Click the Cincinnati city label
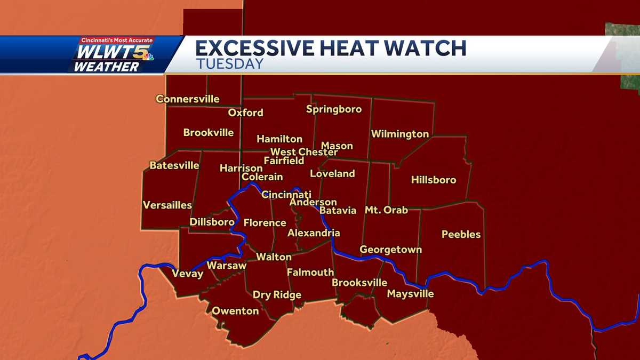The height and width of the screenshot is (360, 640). pos(286,195)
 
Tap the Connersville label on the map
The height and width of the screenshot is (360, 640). pos(187,99)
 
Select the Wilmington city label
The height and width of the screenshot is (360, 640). pos(400,134)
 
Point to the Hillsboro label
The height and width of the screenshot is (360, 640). pos(434,180)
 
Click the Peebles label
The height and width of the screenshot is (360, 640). pos(461,234)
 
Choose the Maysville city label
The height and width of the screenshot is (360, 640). pos(410,294)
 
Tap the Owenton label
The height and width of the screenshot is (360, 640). pos(235,311)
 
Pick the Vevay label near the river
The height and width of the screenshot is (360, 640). pos(187,274)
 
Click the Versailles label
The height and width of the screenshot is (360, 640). pos(167,205)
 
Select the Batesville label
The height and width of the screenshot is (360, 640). pos(174,165)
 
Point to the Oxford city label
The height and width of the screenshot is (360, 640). pos(245,113)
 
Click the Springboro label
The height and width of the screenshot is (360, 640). pos(334,109)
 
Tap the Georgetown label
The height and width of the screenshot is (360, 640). pos(390,250)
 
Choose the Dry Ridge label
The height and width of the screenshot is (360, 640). pos(277,295)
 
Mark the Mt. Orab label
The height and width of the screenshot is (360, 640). pos(386,210)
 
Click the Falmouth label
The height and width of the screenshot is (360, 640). pos(310,272)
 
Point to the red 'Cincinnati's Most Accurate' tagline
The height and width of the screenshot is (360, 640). pos(116,40)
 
